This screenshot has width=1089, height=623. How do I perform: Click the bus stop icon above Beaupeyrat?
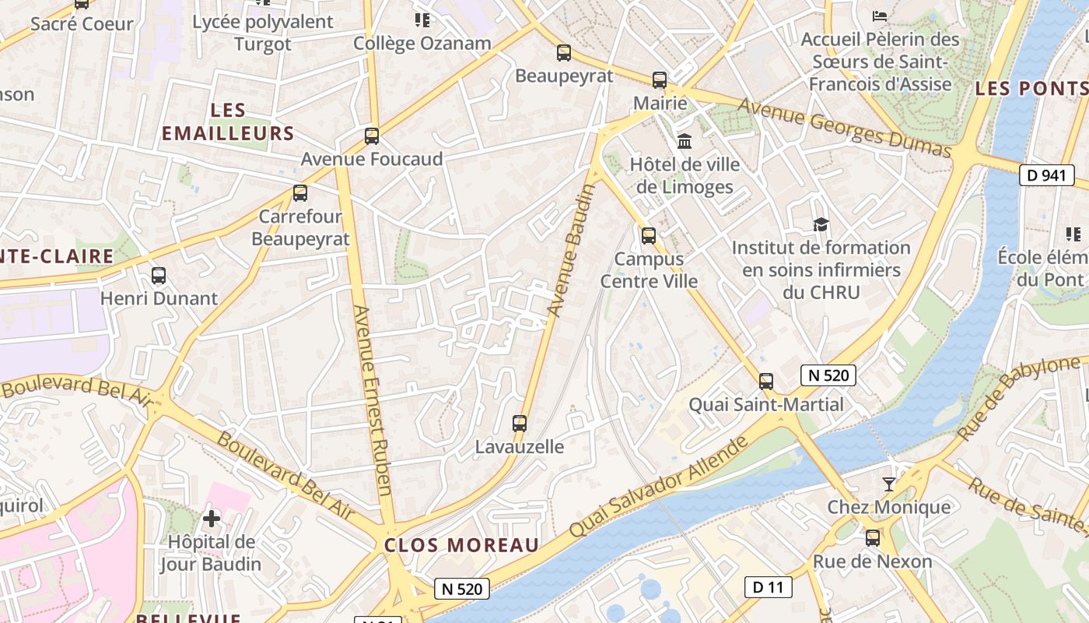[x=564, y=53]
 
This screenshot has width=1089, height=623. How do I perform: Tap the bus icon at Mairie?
[x=660, y=79]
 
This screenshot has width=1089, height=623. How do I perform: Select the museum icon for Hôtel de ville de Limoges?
[x=685, y=141]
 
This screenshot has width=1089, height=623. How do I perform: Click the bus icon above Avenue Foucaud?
[x=372, y=136]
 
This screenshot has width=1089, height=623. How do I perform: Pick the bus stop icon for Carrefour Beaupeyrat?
[x=300, y=193]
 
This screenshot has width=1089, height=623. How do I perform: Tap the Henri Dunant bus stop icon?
[x=159, y=275]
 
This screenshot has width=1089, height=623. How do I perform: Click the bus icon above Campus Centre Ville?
[x=649, y=235]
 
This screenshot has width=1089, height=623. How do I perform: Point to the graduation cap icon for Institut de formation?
[x=821, y=225]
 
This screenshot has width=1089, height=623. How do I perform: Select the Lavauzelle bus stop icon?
[x=520, y=424]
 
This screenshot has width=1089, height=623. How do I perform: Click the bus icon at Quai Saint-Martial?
[x=766, y=382]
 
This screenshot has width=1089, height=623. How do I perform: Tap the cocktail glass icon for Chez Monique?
[x=889, y=484]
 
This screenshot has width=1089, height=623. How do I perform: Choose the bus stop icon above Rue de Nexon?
[x=873, y=538]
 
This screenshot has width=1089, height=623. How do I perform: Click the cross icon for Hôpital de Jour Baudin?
[x=211, y=518]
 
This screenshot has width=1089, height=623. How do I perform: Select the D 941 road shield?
[x=1046, y=175]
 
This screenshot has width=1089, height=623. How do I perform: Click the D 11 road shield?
[x=768, y=587]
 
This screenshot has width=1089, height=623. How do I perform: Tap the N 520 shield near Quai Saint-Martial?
[x=828, y=375]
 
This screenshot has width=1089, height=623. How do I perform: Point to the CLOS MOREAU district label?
[x=461, y=545]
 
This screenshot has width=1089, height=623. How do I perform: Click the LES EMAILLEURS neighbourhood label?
[x=228, y=122]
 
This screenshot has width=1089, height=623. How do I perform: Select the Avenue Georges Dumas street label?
[x=845, y=127]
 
